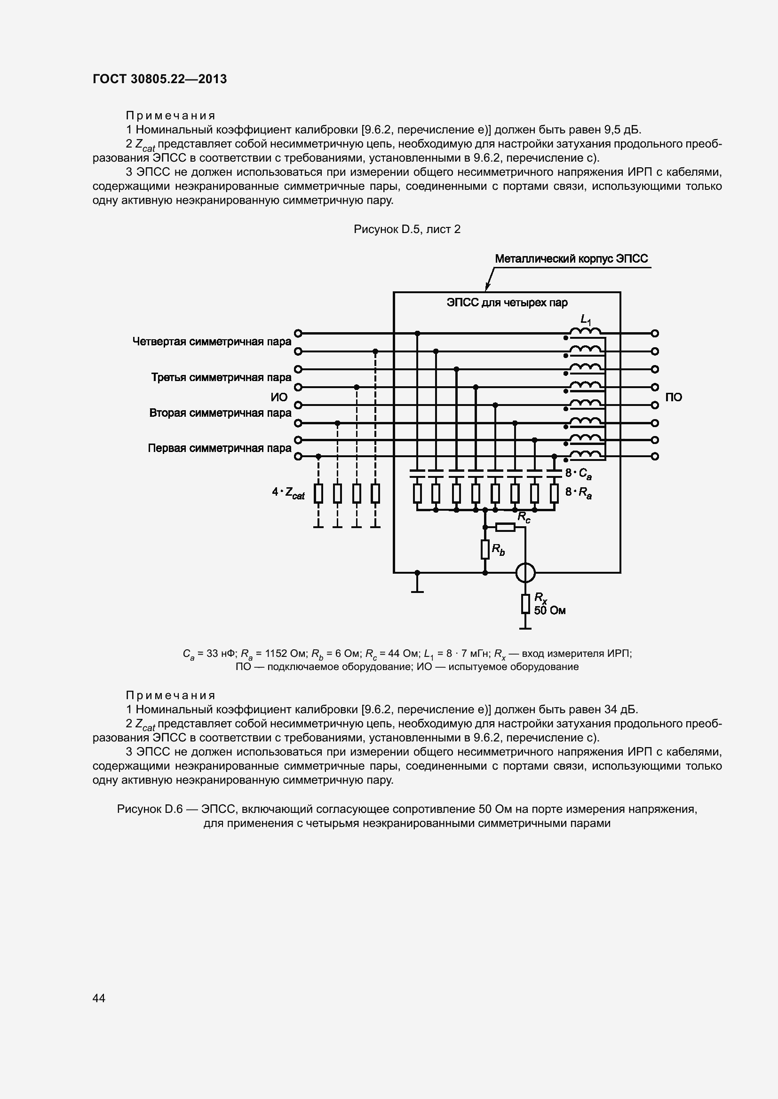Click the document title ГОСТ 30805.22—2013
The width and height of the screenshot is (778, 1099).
coord(159,79)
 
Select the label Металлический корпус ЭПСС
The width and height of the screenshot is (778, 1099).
coord(571,259)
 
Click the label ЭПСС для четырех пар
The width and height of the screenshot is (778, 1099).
coord(507,303)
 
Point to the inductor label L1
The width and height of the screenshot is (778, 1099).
coord(585,319)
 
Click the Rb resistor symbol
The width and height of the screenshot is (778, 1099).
coord(485,550)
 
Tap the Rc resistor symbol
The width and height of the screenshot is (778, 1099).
coord(505,527)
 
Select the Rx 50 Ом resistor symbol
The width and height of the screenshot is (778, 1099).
coord(525,604)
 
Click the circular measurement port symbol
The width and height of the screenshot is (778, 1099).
coord(525,572)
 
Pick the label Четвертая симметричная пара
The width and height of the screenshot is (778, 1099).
coord(212,342)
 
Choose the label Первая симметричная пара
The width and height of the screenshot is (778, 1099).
coord(219,449)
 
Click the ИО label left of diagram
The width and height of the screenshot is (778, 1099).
coord(279,397)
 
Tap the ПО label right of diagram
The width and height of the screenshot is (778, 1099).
coord(674,397)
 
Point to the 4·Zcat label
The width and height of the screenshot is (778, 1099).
coord(288,492)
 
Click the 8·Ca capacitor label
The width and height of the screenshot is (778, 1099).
coord(578,474)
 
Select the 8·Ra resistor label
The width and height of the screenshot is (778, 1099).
coord(578,492)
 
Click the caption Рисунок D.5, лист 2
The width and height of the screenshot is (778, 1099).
coord(407,229)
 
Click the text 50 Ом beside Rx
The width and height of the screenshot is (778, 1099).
coord(549,610)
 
